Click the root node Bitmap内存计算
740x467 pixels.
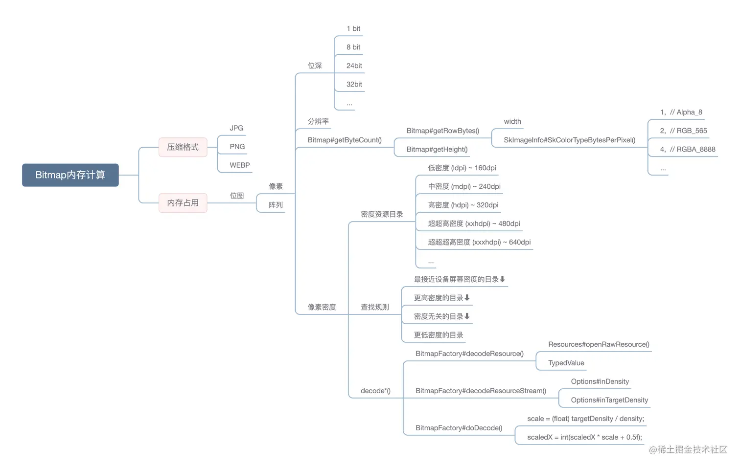(70, 175)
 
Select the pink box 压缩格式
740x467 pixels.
(183, 147)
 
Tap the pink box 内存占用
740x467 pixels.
(183, 203)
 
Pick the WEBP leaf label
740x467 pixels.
(239, 165)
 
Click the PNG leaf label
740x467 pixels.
(237, 147)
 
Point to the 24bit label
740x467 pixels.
(354, 66)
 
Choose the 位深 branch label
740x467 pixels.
(315, 66)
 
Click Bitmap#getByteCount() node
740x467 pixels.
(344, 140)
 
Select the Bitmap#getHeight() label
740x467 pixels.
(437, 150)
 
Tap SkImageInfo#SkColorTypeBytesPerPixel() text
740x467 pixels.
(569, 140)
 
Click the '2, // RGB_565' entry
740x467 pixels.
(683, 131)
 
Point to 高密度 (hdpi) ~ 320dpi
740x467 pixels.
(463, 205)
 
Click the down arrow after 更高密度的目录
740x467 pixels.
(467, 298)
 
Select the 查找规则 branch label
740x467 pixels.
(374, 308)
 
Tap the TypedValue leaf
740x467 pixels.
(566, 363)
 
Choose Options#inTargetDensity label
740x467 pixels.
(609, 400)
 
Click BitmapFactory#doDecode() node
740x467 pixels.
(459, 428)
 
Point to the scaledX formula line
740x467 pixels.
(584, 438)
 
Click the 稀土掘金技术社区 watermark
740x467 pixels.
(688, 450)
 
